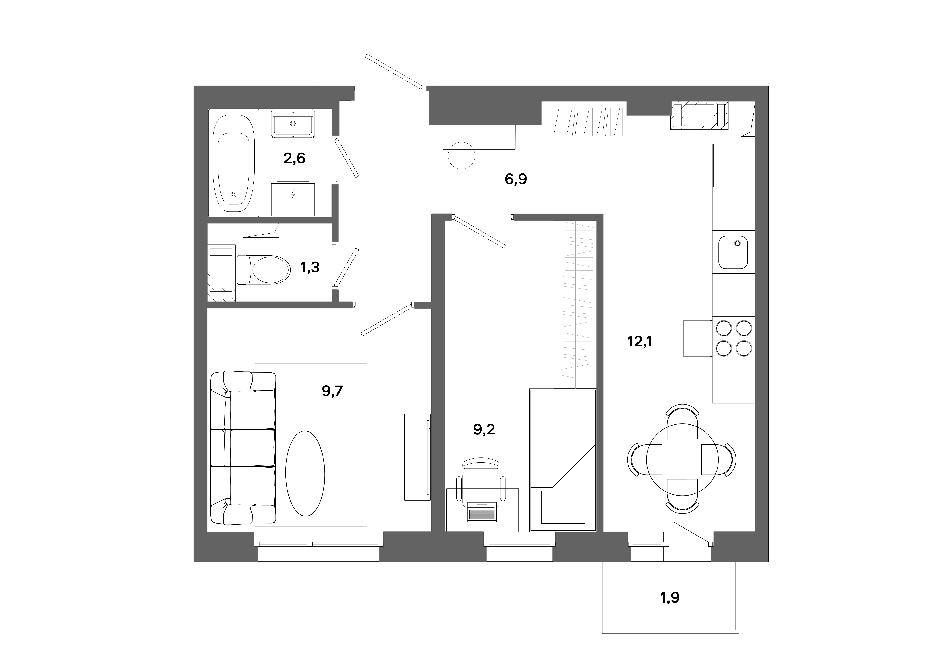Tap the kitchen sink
[x=732, y=252]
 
